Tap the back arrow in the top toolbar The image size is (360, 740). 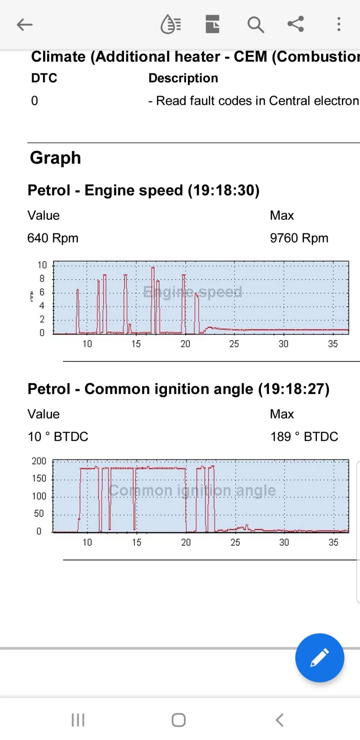click(25, 25)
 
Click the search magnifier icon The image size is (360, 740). click(256, 25)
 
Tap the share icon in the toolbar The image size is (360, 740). click(296, 24)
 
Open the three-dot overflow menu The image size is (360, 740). click(338, 24)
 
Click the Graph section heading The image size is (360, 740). click(55, 158)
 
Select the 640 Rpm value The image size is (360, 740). click(53, 238)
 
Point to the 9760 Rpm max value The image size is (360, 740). click(299, 238)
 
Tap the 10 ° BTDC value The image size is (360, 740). click(58, 436)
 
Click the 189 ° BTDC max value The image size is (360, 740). click(304, 436)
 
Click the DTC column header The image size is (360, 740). click(44, 78)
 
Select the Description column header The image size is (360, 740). click(183, 78)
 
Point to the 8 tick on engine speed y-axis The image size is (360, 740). click(42, 279)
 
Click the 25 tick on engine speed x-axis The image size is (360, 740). click(234, 344)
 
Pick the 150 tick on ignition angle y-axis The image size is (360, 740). click(39, 478)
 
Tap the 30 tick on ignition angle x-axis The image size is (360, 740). click(284, 542)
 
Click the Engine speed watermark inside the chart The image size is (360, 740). click(193, 292)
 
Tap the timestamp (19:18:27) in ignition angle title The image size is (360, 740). click(293, 389)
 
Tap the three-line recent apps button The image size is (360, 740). click(78, 720)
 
